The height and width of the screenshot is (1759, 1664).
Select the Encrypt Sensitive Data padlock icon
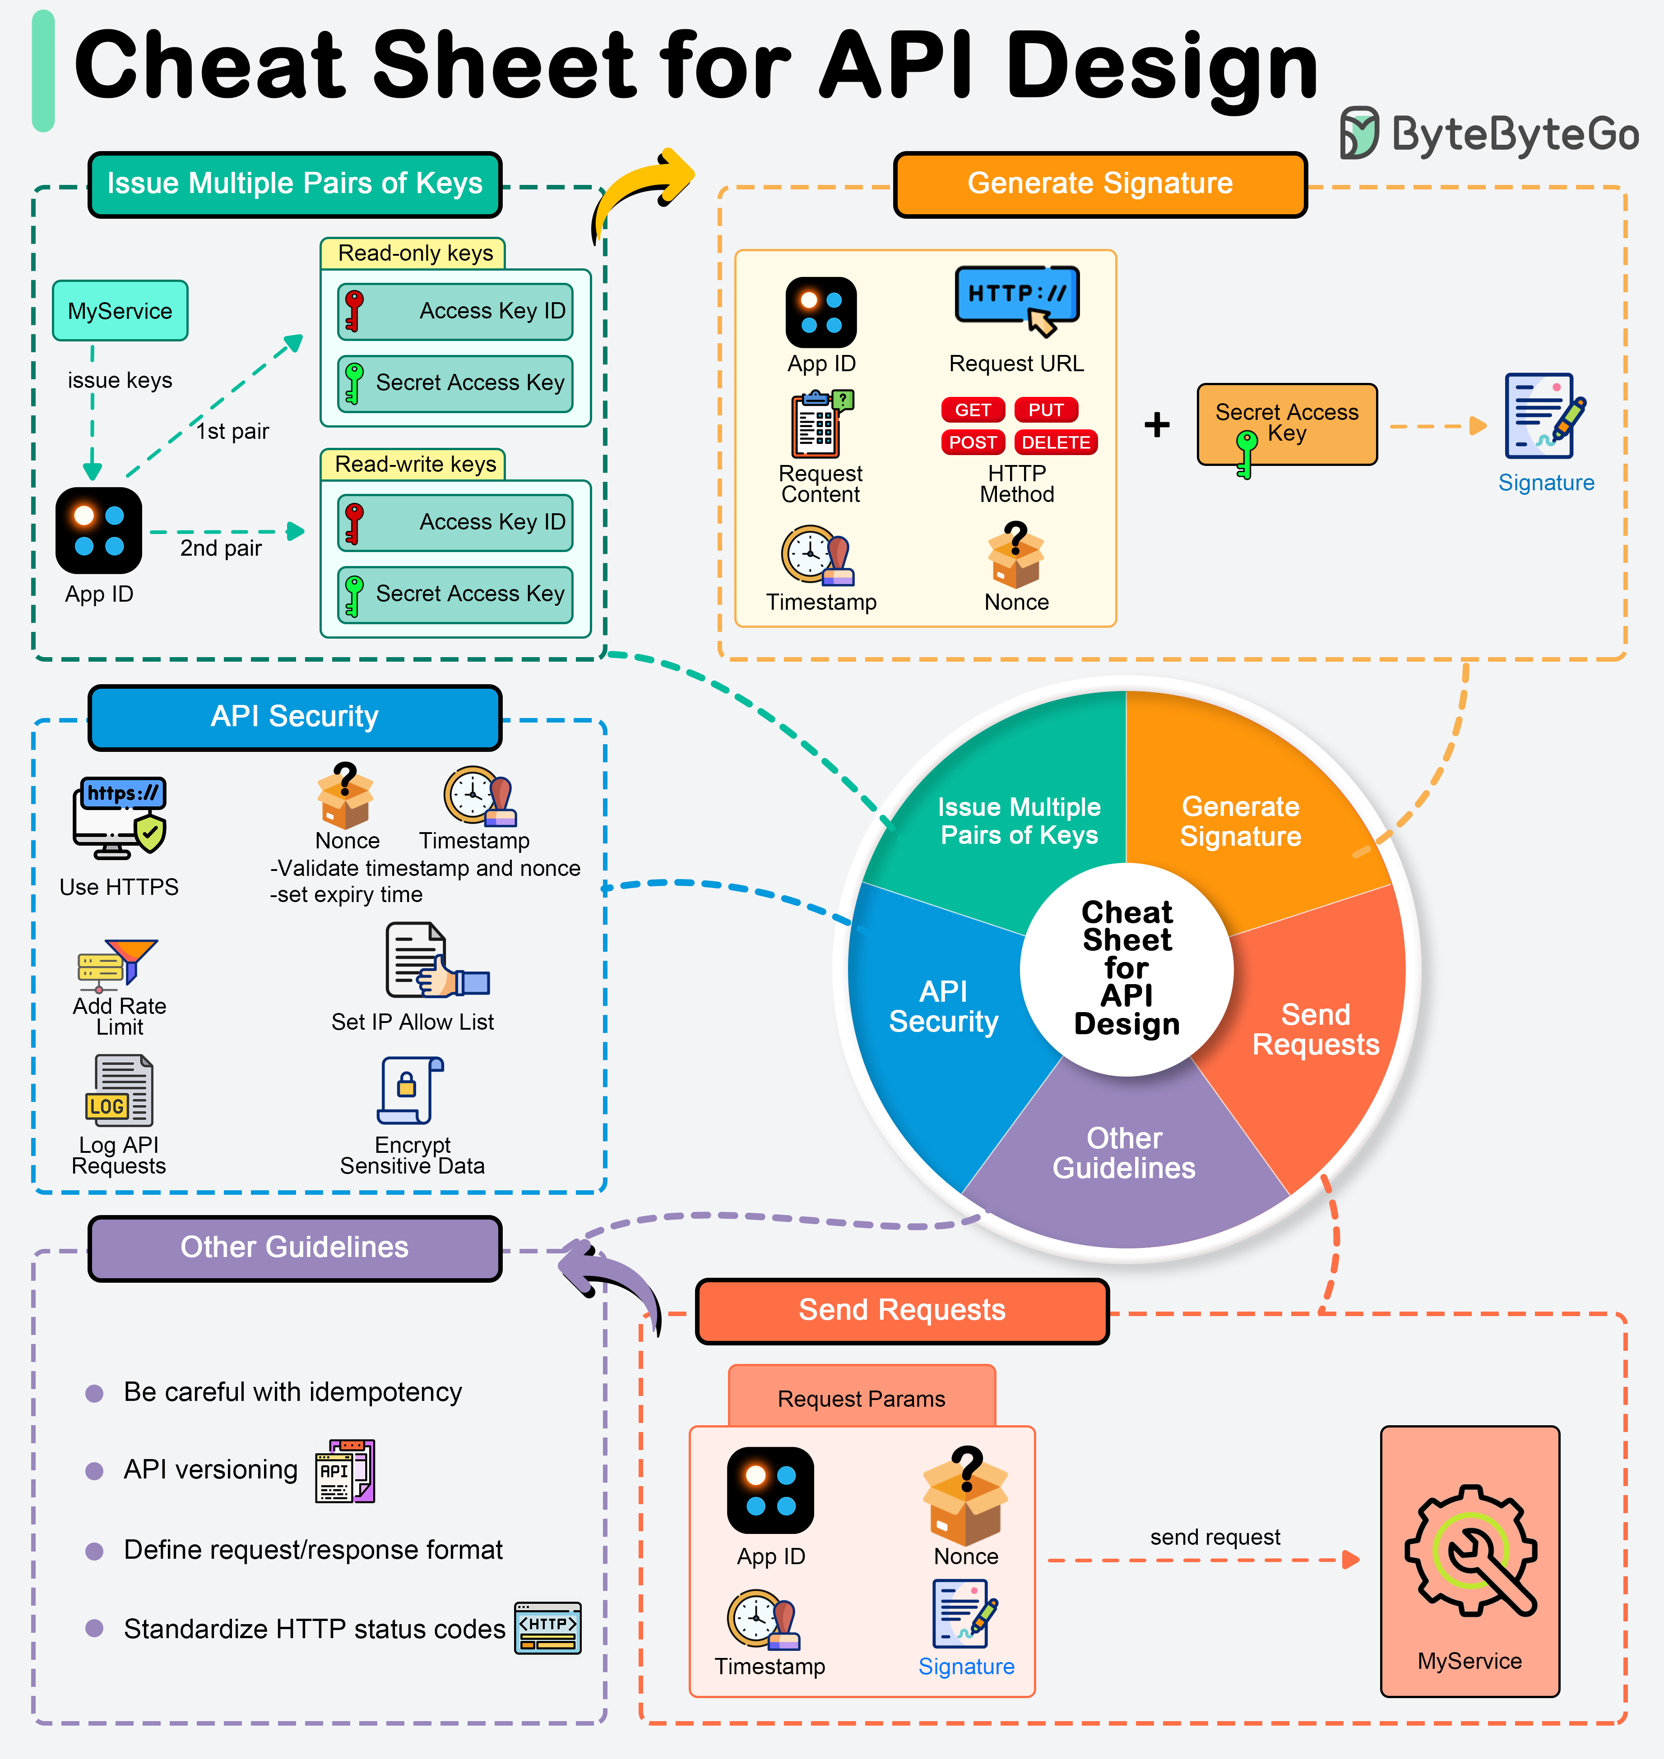point(410,1091)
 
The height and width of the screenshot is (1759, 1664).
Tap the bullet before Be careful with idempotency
point(94,1393)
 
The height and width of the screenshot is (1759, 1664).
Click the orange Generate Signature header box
point(1100,184)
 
